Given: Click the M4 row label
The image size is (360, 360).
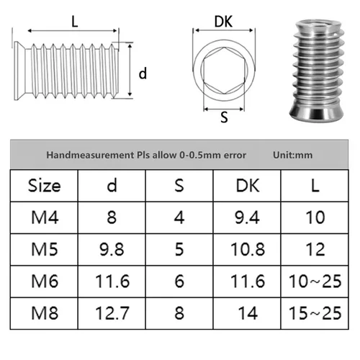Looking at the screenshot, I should (45, 217).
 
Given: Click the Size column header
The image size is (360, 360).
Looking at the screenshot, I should (45, 185).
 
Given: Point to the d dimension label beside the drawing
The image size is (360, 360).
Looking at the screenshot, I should (143, 73).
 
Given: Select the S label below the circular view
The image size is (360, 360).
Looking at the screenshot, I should (223, 118).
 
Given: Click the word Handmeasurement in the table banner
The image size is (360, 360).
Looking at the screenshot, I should (81, 155).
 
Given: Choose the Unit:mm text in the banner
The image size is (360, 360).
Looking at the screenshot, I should (293, 155).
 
